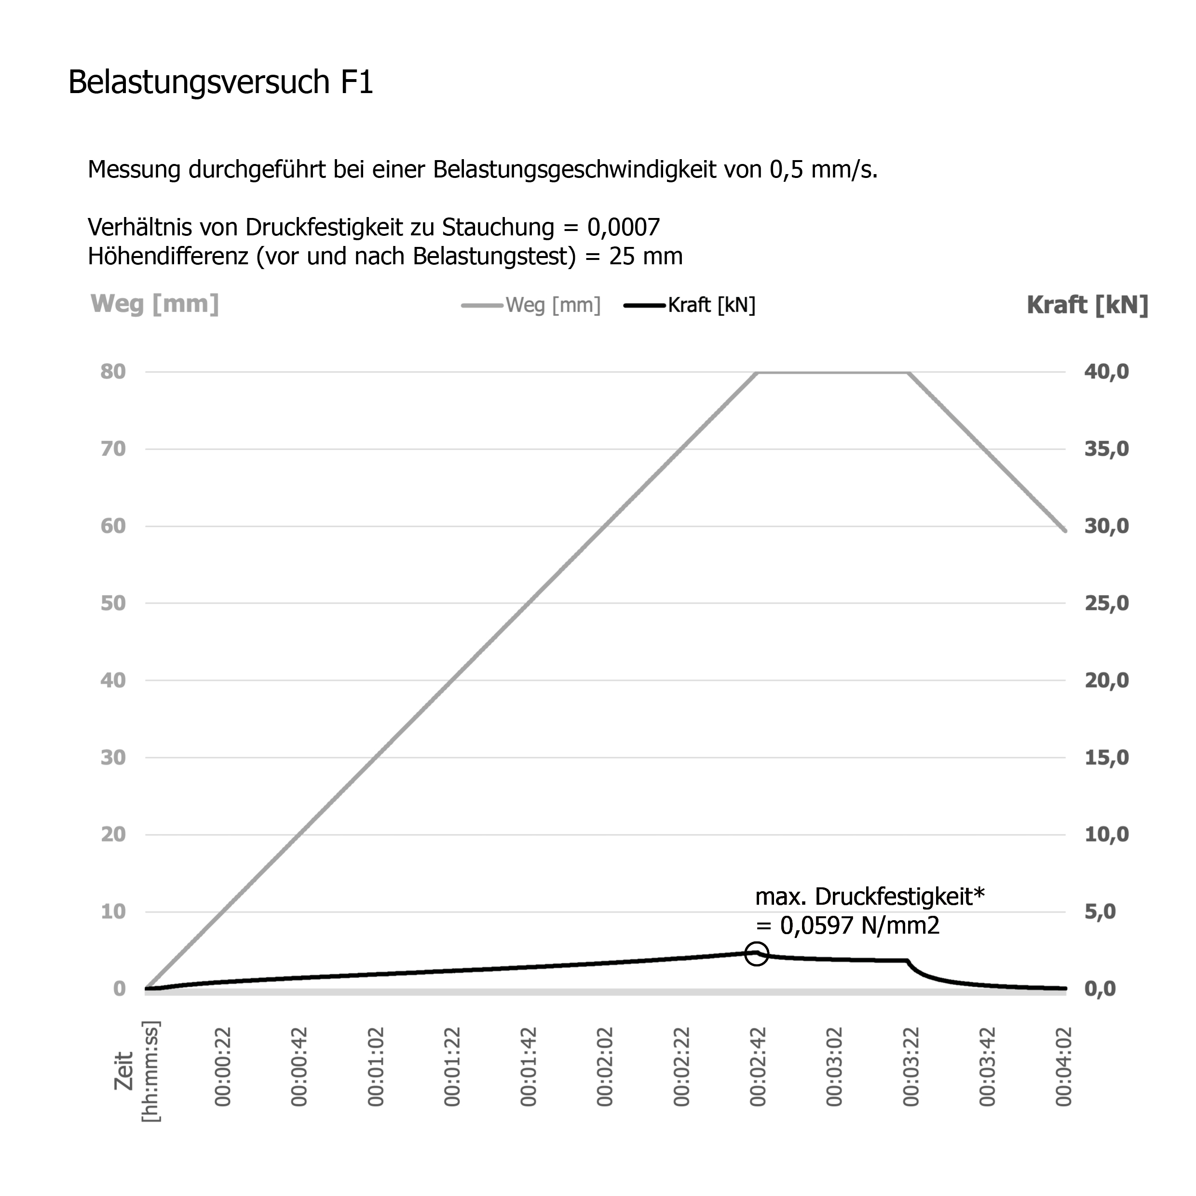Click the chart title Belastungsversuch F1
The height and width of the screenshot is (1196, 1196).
[x=220, y=82]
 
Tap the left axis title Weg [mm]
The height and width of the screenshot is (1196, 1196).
[x=155, y=304]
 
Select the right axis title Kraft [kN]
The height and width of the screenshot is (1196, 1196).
[x=1087, y=305]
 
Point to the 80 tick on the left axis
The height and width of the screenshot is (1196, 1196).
[x=113, y=372]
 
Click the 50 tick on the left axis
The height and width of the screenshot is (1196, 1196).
[x=113, y=604]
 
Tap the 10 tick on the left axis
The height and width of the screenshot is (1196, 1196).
[x=113, y=912]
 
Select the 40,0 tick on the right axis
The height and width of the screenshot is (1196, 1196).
[x=1106, y=372]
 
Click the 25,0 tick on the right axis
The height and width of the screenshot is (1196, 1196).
[x=1106, y=604]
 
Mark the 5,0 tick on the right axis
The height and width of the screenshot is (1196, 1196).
[x=1100, y=912]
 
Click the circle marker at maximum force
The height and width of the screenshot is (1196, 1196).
[x=757, y=953]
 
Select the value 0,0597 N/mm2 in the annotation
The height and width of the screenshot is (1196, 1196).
[x=859, y=925]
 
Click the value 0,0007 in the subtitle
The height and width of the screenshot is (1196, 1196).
[x=624, y=228]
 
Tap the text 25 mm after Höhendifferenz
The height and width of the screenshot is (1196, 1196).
[x=646, y=256]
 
